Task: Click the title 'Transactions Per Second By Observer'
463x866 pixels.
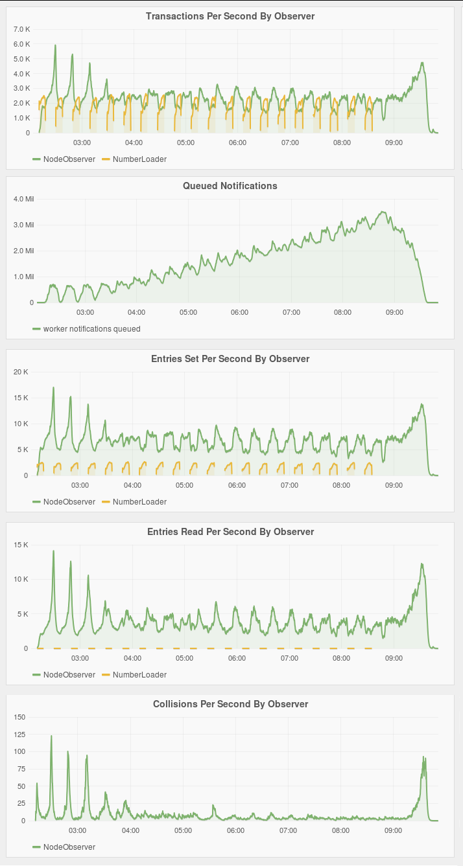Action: pyautogui.click(x=230, y=16)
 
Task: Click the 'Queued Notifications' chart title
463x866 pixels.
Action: pyautogui.click(x=230, y=186)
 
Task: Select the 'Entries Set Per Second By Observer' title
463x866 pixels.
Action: pyautogui.click(x=230, y=358)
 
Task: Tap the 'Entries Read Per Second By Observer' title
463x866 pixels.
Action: pyautogui.click(x=230, y=532)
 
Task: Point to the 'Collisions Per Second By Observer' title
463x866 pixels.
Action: pyautogui.click(x=230, y=703)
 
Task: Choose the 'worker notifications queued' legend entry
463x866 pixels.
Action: pyautogui.click(x=91, y=328)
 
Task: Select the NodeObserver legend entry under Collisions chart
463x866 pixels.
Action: pyautogui.click(x=69, y=847)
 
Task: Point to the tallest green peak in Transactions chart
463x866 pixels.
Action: pyautogui.click(x=55, y=45)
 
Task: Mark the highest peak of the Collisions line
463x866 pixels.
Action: pyautogui.click(x=51, y=736)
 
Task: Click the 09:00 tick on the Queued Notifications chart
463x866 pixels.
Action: pyautogui.click(x=394, y=312)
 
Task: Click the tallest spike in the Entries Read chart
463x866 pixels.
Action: pyautogui.click(x=53, y=551)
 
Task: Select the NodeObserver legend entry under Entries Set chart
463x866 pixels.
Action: pyautogui.click(x=69, y=501)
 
